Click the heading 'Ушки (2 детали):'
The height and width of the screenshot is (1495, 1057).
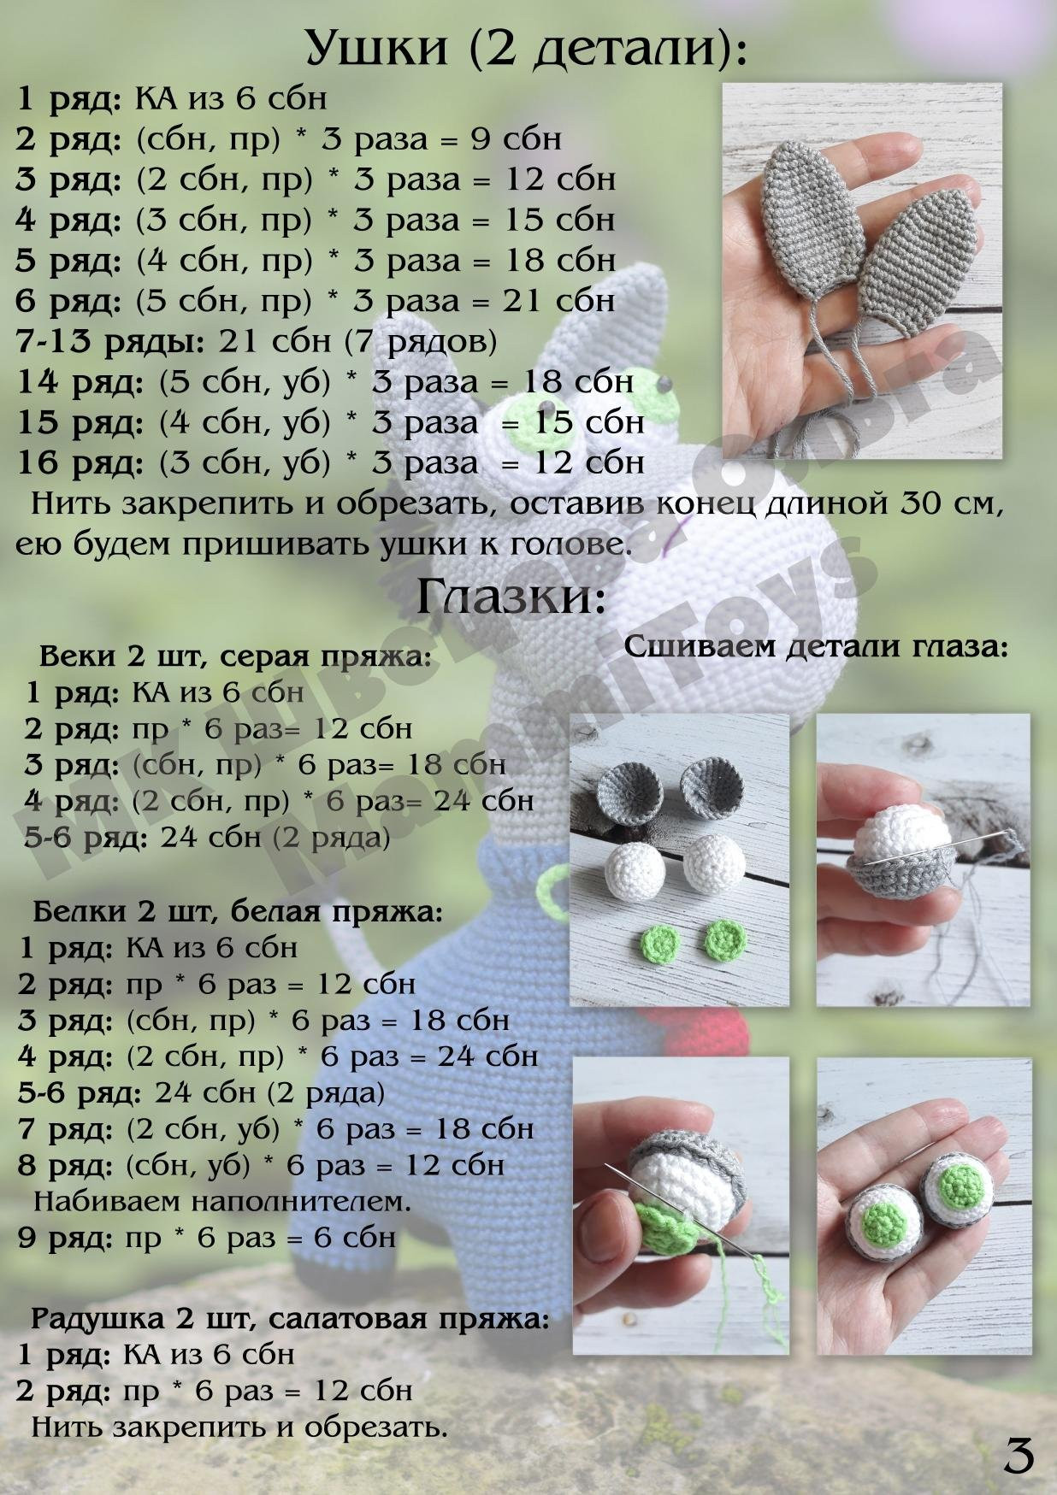click(526, 48)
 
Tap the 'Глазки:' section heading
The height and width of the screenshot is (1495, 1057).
click(511, 596)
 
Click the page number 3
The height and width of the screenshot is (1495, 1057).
click(1018, 1456)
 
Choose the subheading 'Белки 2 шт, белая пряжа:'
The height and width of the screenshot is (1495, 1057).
click(238, 911)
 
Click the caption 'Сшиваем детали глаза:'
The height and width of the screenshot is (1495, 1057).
click(817, 646)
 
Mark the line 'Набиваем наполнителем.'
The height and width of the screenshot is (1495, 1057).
click(222, 1201)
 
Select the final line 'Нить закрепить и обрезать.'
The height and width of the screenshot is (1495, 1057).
click(239, 1427)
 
